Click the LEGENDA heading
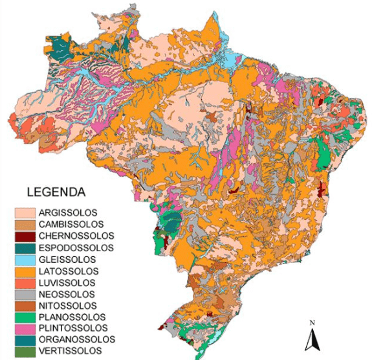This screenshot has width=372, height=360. click(57, 192)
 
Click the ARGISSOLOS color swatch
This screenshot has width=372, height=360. click(25, 212)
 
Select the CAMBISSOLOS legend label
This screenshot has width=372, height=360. click(71, 224)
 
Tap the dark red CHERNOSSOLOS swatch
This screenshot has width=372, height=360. click(25, 236)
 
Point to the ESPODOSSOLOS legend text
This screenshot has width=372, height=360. click(76, 247)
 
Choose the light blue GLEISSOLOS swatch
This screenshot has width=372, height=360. click(25, 259)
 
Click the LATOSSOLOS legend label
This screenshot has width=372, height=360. click(68, 271)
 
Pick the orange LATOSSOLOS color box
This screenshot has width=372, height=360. click(25, 271)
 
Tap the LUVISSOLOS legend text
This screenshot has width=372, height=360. click(67, 282)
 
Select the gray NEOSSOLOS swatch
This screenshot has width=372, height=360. click(25, 294)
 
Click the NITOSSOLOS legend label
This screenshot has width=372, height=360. click(67, 306)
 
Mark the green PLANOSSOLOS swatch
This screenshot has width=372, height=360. click(25, 317)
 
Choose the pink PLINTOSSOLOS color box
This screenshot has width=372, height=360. click(25, 328)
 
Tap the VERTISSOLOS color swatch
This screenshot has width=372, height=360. click(25, 351)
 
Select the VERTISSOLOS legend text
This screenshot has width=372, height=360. click(70, 351)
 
